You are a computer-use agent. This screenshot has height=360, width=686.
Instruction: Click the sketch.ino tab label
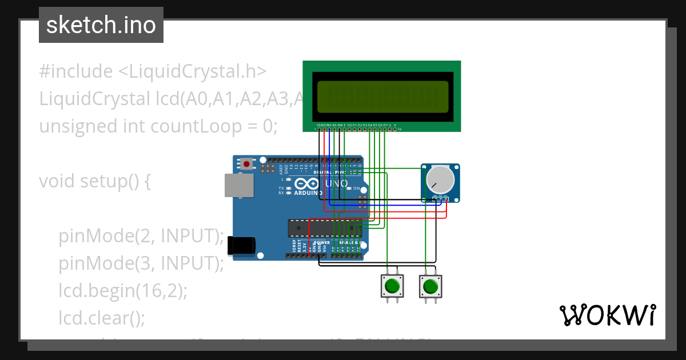tap(101, 25)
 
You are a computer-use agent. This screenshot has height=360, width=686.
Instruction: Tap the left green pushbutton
tap(392, 286)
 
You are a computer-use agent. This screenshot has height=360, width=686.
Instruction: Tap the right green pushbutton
tap(430, 286)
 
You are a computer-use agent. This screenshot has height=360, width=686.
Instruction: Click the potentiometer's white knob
tap(440, 179)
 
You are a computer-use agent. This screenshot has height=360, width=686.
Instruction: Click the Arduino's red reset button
tap(246, 164)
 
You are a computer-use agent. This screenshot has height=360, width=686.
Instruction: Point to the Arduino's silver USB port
tap(238, 185)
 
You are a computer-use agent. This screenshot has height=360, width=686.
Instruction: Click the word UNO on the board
tap(336, 184)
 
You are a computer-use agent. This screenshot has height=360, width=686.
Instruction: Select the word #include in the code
tap(76, 71)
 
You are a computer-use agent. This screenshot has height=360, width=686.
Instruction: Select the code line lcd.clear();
tap(102, 318)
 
